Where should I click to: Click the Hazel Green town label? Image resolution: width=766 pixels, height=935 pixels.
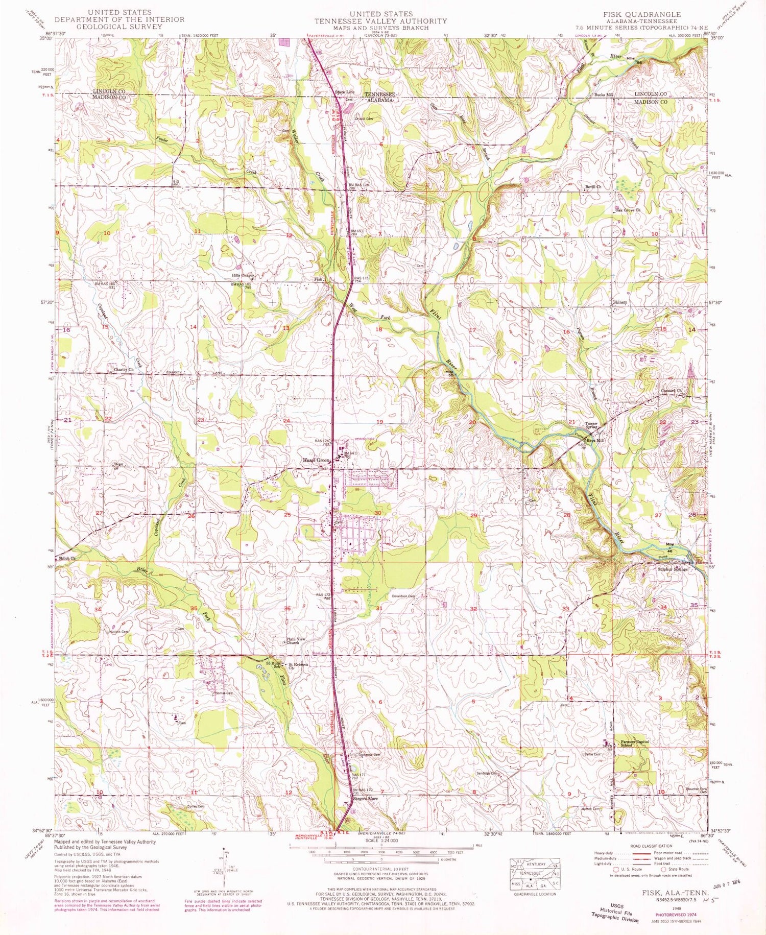[314, 460]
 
